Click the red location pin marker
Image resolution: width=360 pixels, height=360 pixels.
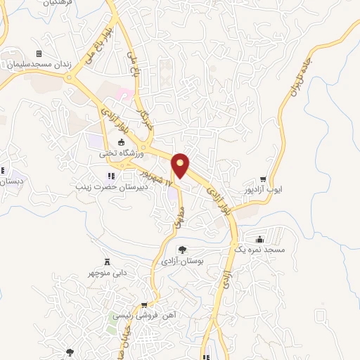(181, 166)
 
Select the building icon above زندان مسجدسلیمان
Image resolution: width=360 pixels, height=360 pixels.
(39, 53)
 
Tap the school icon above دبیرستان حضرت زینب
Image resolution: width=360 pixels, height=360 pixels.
(110, 176)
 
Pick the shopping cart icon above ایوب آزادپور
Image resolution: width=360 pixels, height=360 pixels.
(263, 179)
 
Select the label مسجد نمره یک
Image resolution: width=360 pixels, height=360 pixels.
(259, 250)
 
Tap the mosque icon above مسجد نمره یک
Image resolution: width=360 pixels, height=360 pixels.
(260, 238)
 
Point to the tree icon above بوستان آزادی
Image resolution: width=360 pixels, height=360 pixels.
(182, 250)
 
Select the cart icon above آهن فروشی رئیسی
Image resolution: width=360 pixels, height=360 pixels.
(144, 305)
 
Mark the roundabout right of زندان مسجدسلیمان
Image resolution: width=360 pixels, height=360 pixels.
(71, 77)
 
